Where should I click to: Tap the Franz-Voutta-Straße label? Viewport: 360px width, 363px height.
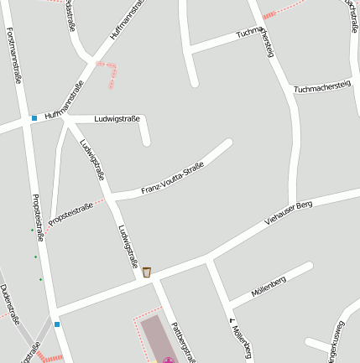173,179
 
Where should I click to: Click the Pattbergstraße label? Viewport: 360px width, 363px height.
182,343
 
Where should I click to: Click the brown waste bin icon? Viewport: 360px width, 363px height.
147,272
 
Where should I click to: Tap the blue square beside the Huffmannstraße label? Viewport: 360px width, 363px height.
34,118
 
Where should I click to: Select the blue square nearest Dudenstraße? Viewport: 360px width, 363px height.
57,324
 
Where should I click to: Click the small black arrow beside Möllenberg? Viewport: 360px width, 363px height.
231,319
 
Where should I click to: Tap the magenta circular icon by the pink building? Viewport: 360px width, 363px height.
169,360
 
